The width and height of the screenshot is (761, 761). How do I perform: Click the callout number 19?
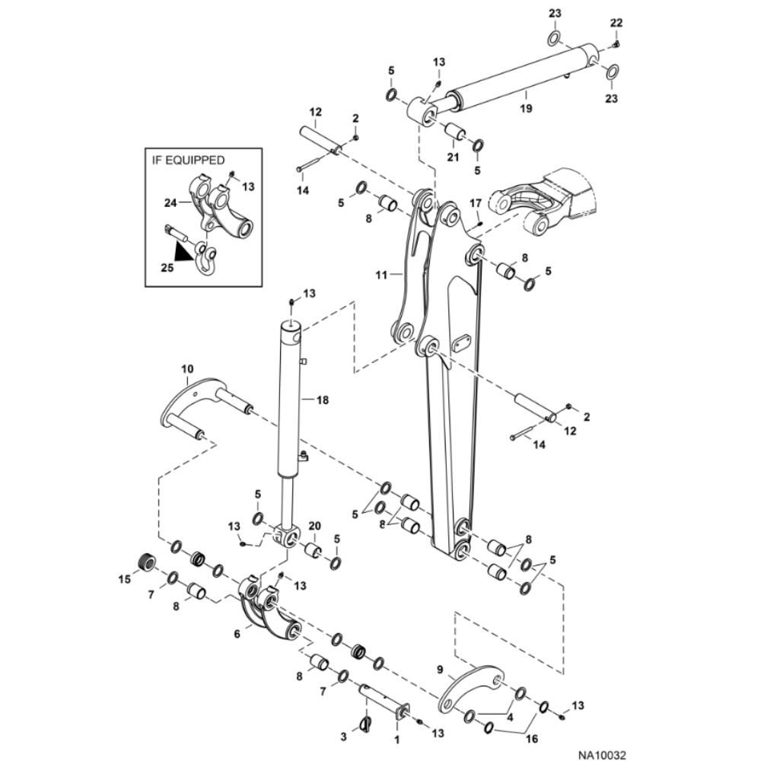point(525,109)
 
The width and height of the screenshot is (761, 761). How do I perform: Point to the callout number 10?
point(187,370)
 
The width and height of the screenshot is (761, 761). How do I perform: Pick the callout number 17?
point(475,203)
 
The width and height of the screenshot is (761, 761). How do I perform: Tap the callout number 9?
point(441,670)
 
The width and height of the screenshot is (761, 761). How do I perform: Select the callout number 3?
point(344,737)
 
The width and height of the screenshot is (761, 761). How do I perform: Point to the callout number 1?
point(396,737)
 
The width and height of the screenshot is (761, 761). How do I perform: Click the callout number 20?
point(315,527)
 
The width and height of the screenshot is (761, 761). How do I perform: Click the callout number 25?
point(168,268)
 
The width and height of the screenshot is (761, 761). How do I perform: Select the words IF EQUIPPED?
point(186,160)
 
